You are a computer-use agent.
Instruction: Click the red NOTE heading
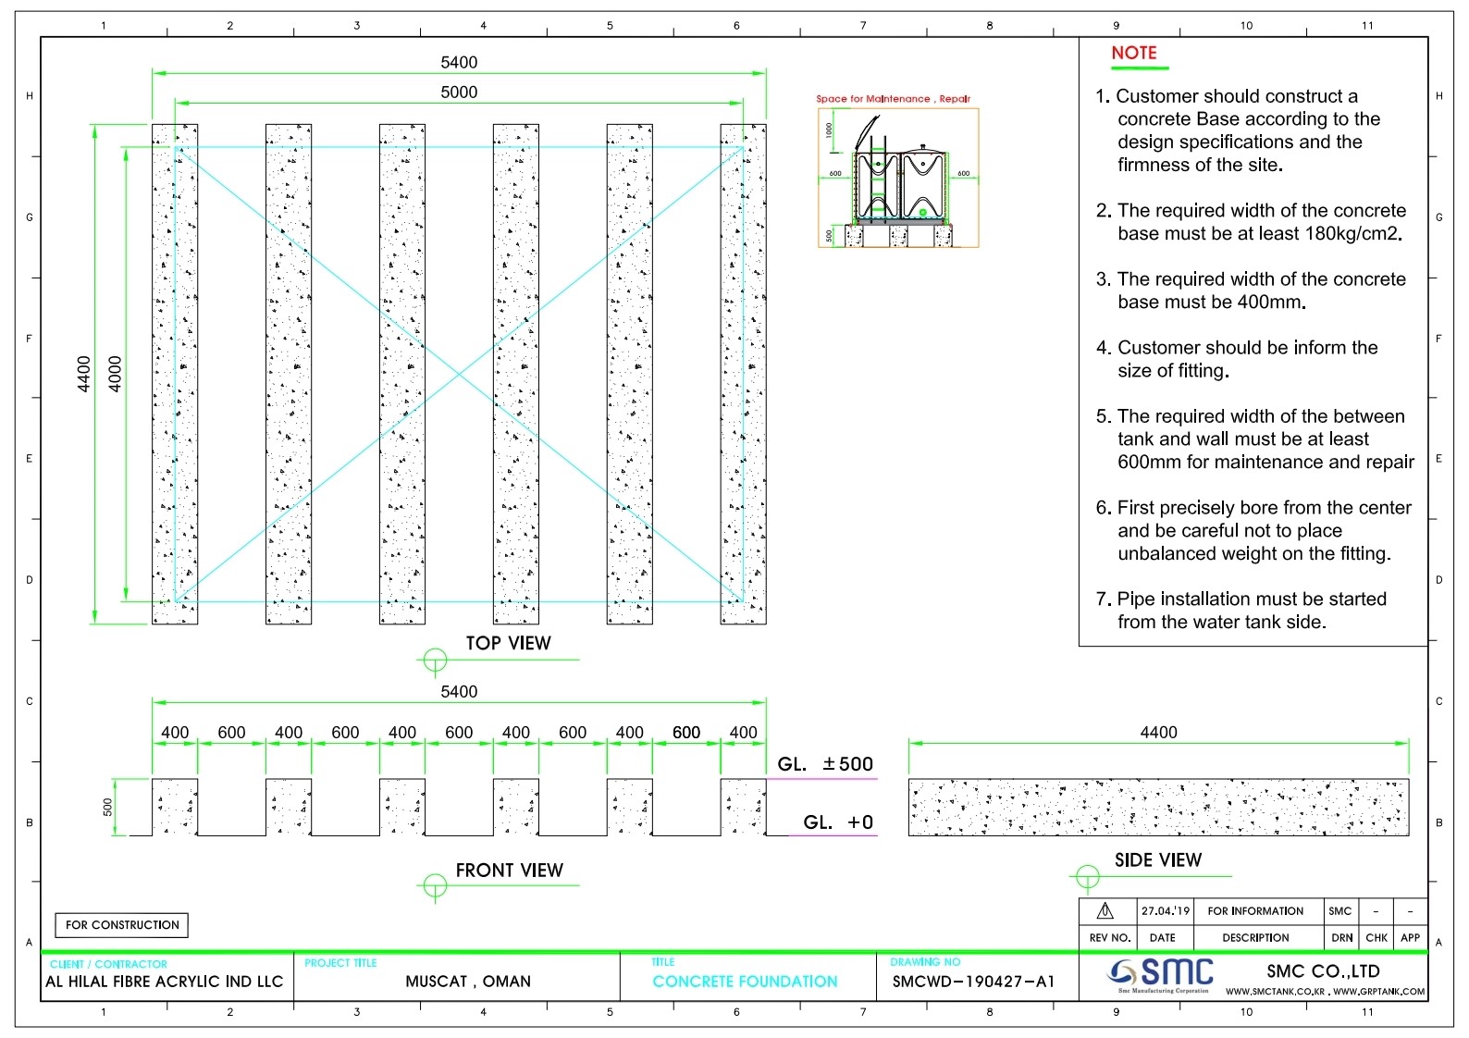pos(1133,53)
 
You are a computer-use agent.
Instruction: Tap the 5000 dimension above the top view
pos(459,92)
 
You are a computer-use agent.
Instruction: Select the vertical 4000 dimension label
pos(116,374)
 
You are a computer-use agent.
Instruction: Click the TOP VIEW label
pos(507,643)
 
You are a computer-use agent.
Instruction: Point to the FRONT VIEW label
pos(509,871)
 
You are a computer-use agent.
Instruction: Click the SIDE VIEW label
pos(1157,860)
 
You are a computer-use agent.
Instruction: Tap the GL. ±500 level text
pos(825,764)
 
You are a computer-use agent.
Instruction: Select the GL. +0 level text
pos(837,822)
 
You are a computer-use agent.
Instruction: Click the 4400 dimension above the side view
pos(1158,733)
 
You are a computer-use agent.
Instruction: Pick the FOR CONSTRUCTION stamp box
pos(122,925)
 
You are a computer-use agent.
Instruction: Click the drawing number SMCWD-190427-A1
pos(973,982)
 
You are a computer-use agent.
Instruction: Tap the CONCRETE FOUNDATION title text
pos(745,982)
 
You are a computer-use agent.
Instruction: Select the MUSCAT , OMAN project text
pos(468,982)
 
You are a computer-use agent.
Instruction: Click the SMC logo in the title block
pos(1162,973)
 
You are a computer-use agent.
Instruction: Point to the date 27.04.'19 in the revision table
pos(1165,911)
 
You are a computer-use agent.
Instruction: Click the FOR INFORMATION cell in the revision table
pos(1255,911)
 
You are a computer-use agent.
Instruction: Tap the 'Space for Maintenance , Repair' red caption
pos(893,99)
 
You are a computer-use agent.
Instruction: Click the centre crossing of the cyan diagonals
pos(459,374)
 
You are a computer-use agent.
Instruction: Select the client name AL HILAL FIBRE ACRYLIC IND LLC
pos(165,982)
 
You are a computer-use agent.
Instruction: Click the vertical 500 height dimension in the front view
pos(108,807)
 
